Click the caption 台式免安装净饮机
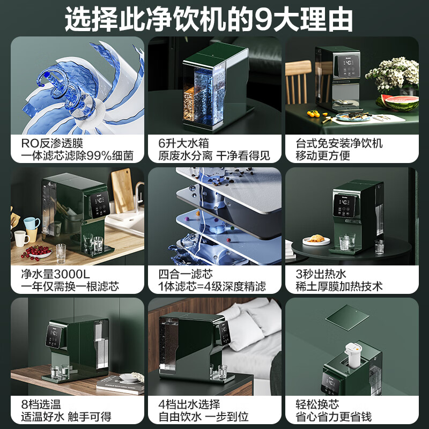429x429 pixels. pos(339,143)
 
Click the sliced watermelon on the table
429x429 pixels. pos(396,101)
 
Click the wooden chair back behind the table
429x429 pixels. pos(298,80)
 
